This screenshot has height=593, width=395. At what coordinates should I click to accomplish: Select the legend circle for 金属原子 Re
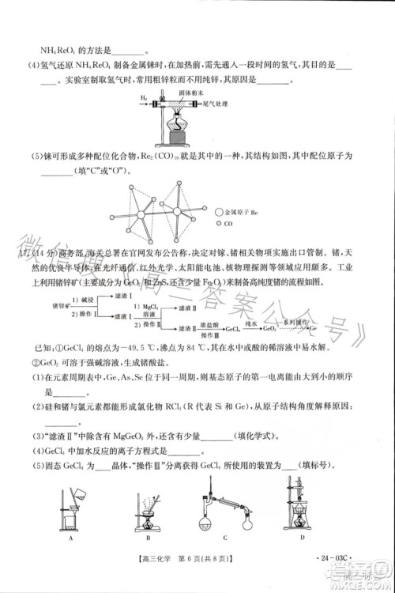point(219,213)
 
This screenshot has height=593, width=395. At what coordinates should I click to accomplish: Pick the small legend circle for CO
point(219,224)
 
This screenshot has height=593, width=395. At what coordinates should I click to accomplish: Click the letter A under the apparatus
point(70,538)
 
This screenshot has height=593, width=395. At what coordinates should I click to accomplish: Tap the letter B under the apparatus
point(137,538)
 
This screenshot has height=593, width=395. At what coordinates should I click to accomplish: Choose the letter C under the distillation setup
point(225,538)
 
